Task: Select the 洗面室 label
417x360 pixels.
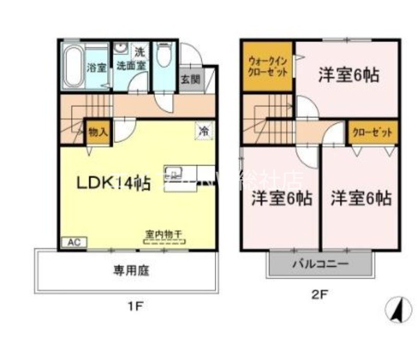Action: tap(130, 66)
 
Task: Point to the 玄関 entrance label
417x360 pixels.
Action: tap(190, 79)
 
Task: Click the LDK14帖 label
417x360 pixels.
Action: tap(114, 183)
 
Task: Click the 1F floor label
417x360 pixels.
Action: tap(134, 306)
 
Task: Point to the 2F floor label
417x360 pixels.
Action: tap(320, 294)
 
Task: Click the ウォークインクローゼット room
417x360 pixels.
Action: tap(267, 66)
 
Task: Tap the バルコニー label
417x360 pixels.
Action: tap(320, 264)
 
